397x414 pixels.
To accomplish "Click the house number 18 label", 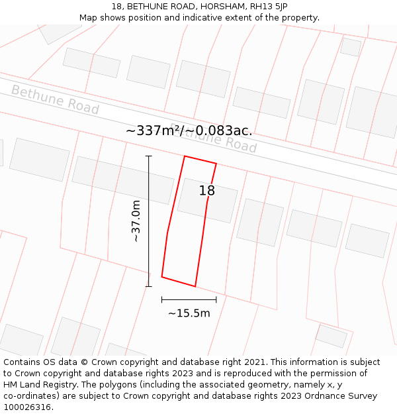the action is coord(207,191).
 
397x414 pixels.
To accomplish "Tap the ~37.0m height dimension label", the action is coord(136,221).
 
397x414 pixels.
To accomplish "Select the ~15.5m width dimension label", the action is coord(189,313).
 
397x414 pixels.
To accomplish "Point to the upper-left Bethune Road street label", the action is coord(55,100).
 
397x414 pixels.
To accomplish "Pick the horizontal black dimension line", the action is coord(189,299).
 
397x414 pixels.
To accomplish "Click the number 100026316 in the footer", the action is coord(26,407).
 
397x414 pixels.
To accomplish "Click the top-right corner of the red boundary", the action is coord(216,163).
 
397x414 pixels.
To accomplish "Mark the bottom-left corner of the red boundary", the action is coord(162,277).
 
